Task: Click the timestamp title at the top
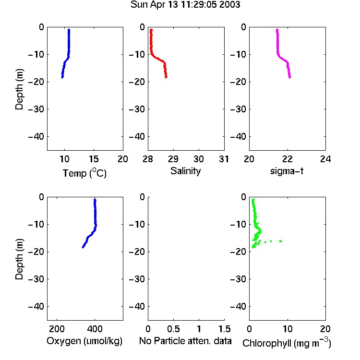(x=185, y=5)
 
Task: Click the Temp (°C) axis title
(x=84, y=173)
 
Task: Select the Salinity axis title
(x=185, y=171)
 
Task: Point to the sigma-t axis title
(x=287, y=171)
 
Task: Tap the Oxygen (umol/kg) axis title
(x=84, y=341)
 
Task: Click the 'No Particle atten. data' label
(x=185, y=341)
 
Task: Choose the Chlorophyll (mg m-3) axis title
(x=287, y=343)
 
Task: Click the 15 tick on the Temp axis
(x=94, y=159)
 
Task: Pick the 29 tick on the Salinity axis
(x=173, y=159)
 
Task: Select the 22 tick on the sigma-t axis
(x=287, y=159)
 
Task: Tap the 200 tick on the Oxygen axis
(x=57, y=329)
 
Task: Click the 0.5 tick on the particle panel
(x=173, y=329)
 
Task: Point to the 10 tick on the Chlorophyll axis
(x=287, y=329)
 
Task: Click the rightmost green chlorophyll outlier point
(x=281, y=241)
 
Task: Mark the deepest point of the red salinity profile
(x=166, y=77)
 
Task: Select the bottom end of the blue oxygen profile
(x=83, y=247)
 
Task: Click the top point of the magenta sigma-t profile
(x=277, y=30)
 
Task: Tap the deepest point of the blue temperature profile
(x=62, y=77)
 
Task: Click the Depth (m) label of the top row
(x=19, y=89)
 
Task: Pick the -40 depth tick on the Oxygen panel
(x=36, y=306)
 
